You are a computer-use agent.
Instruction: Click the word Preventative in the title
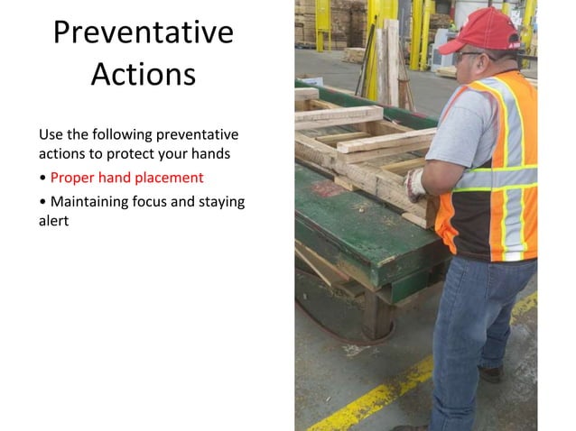click(143, 32)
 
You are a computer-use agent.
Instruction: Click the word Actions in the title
click(143, 74)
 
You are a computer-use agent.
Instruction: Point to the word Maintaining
click(91, 201)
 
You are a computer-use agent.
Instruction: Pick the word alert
click(54, 220)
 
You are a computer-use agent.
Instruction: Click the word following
click(123, 134)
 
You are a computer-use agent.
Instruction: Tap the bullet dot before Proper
click(42, 179)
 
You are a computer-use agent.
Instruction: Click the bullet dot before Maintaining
click(42, 202)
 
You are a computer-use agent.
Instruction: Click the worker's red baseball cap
click(488, 32)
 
